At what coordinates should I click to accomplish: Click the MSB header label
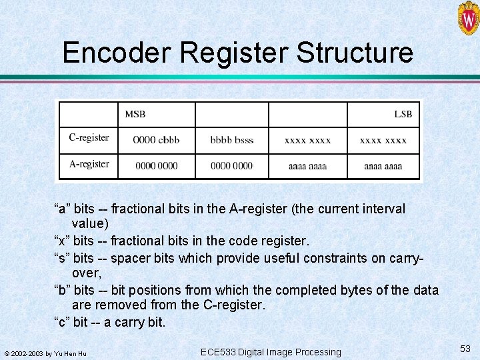pos(135,114)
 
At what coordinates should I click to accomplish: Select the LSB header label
pos(403,114)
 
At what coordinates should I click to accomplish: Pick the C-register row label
pos(89,138)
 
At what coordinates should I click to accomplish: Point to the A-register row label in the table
pos(89,164)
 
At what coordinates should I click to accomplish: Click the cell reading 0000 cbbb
pos(156,140)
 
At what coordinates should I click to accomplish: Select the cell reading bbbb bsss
pos(231,140)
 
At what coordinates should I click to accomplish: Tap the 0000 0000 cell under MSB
pos(156,165)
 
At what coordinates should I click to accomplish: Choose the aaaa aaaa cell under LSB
pos(383,165)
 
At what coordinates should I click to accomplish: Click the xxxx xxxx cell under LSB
pos(383,140)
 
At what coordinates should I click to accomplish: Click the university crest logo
pos(468,18)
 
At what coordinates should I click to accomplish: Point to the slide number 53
pos(465,349)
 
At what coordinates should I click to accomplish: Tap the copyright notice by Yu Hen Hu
pos(45,353)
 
